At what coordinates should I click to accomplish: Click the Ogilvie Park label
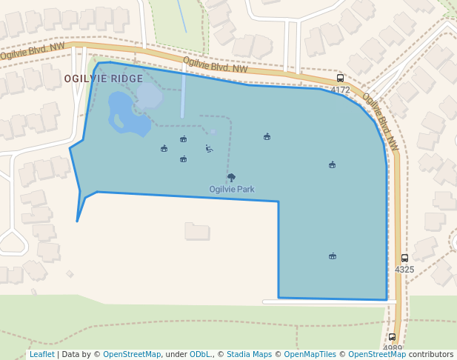[x=231, y=190]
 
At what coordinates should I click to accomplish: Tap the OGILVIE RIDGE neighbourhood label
[x=103, y=79]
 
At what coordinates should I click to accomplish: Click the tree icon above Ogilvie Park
[x=231, y=178]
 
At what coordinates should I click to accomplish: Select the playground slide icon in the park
[x=210, y=149]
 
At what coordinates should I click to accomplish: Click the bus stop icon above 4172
[x=340, y=79]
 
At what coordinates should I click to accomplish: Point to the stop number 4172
[x=340, y=90]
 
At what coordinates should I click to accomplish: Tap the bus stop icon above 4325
[x=404, y=259]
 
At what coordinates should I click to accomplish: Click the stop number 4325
[x=404, y=270]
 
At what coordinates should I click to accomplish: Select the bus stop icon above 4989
[x=393, y=337]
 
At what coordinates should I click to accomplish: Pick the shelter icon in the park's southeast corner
[x=333, y=256]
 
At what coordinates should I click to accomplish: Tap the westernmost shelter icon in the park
[x=164, y=149]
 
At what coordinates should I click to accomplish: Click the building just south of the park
[x=197, y=232]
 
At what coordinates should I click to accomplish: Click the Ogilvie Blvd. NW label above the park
[x=215, y=67]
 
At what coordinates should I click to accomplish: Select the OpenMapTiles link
[x=311, y=355]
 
